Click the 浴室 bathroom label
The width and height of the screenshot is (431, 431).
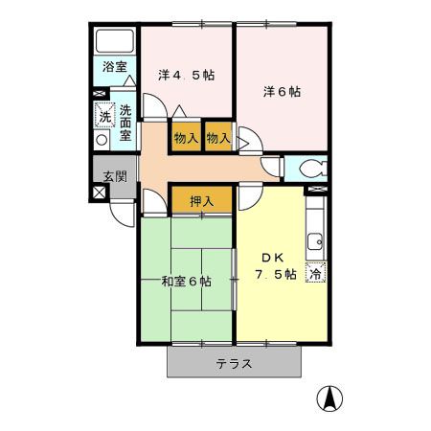tap(114, 69)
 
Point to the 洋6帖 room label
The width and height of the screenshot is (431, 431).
tap(283, 92)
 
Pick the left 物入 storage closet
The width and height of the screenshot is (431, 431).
tap(186, 138)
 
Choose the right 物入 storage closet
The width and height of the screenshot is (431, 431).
tap(218, 138)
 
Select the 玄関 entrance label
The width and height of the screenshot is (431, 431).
tap(115, 175)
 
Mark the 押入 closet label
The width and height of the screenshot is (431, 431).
tap(201, 201)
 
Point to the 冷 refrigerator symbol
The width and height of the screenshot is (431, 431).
tap(316, 273)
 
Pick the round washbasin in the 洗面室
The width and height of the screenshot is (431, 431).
tap(102, 138)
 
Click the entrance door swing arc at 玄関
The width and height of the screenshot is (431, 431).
tap(122, 212)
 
